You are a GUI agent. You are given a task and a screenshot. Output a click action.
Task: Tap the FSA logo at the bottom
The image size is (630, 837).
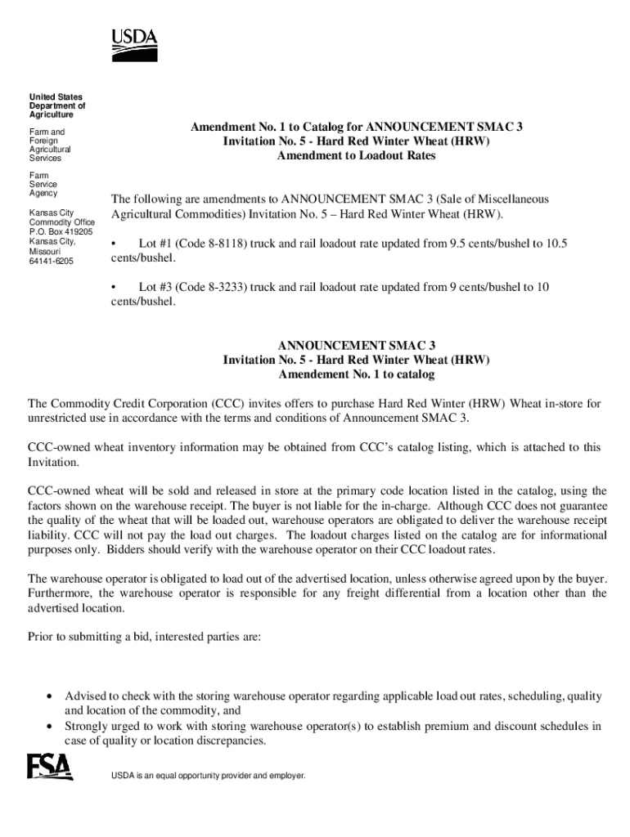[50, 767]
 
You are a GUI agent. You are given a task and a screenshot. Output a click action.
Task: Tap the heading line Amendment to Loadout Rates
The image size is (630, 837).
[356, 156]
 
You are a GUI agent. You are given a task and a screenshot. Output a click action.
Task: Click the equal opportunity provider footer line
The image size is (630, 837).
[208, 775]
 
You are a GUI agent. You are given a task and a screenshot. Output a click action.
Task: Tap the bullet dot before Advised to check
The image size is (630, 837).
[51, 697]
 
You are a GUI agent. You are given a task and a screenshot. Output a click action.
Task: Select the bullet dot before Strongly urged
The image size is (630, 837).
[51, 727]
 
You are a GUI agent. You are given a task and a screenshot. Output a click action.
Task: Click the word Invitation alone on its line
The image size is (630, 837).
[54, 463]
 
